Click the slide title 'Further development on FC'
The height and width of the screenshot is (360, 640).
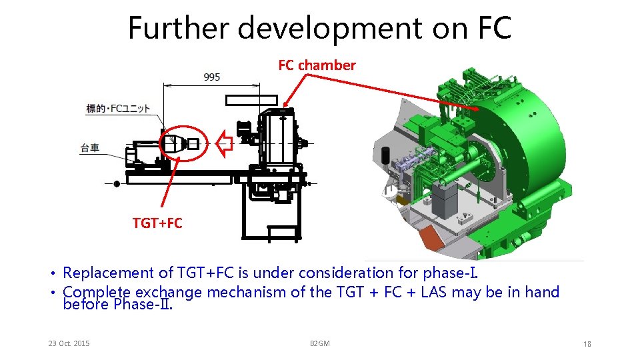[319, 28]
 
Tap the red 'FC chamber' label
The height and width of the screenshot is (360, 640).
[317, 65]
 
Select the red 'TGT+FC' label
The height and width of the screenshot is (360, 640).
[157, 223]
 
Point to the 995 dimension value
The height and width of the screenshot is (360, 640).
[212, 77]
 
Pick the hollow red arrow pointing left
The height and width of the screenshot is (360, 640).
[224, 142]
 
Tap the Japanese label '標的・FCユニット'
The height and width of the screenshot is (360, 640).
[118, 109]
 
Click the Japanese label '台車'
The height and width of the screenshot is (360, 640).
[90, 148]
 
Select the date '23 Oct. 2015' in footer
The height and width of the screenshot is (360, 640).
[69, 343]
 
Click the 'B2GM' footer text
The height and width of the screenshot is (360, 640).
[320, 343]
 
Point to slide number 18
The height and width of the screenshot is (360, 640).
[587, 344]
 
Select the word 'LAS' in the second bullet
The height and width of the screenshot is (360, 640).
[435, 292]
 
